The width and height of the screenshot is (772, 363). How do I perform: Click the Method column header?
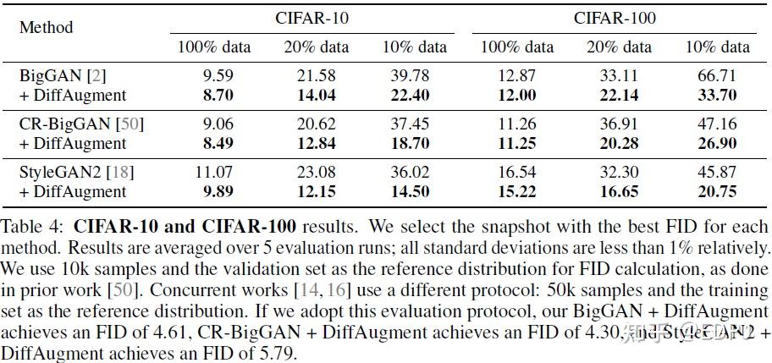(x=47, y=27)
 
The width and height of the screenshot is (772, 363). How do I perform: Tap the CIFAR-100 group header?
(x=615, y=17)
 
